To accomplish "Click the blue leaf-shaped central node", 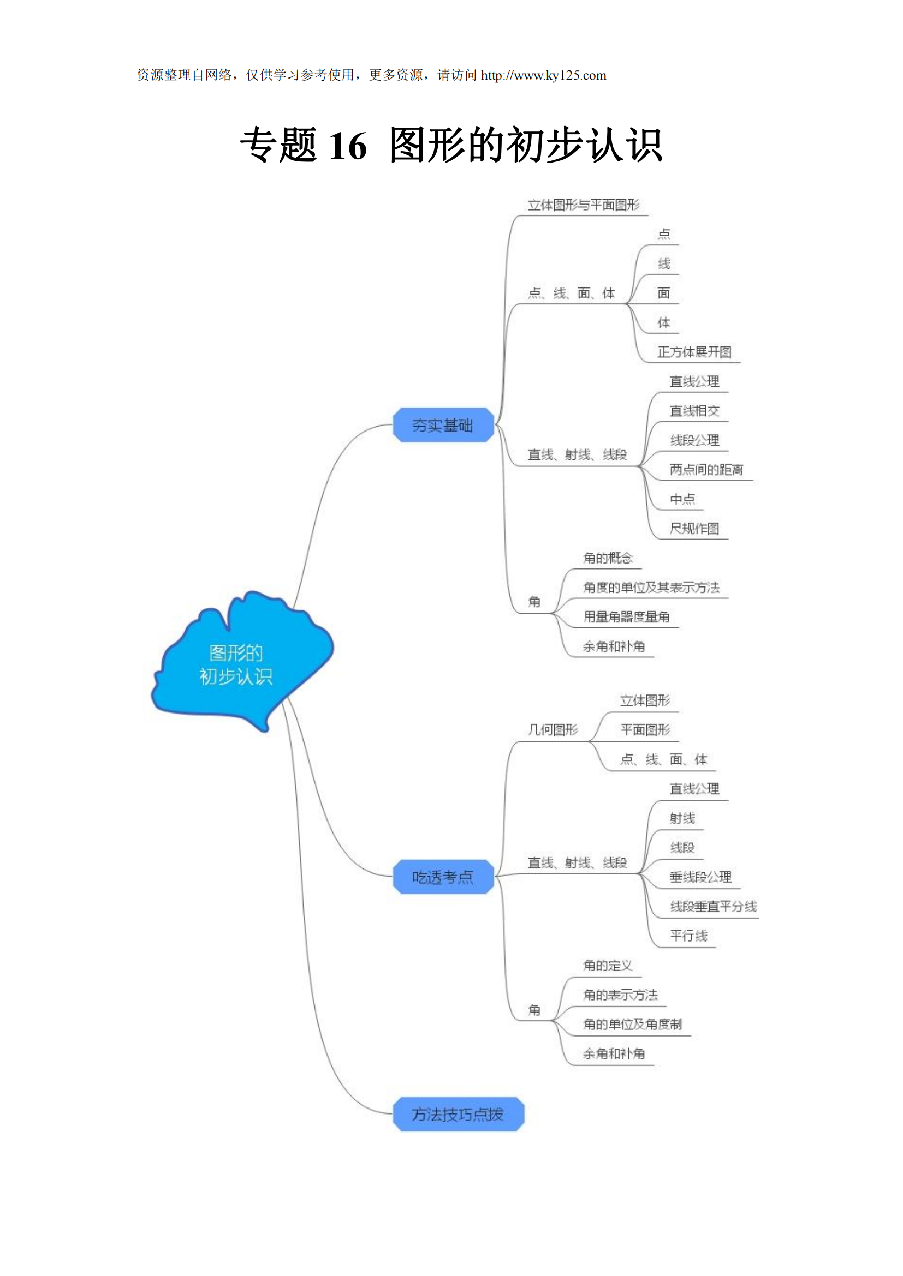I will [239, 663].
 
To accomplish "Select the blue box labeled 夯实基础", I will [443, 425].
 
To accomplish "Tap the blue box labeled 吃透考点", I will [443, 877].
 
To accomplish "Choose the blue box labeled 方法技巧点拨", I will [458, 1115].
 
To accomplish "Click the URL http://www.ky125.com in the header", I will [543, 76].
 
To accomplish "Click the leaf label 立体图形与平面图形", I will [583, 205].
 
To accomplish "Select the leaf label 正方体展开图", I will [694, 352].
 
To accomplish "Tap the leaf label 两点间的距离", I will [705, 470].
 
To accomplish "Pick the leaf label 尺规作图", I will [694, 529].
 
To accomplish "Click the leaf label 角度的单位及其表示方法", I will [651, 588].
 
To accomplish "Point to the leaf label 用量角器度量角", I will [626, 617].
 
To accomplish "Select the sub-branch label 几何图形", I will [553, 730].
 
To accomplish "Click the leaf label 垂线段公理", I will [700, 877].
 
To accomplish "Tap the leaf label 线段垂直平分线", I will [713, 907].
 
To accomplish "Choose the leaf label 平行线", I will [688, 936].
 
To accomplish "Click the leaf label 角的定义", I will [608, 966].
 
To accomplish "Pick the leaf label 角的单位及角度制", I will [632, 1025].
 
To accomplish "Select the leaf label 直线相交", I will [694, 411].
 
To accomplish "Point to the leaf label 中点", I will [682, 499].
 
